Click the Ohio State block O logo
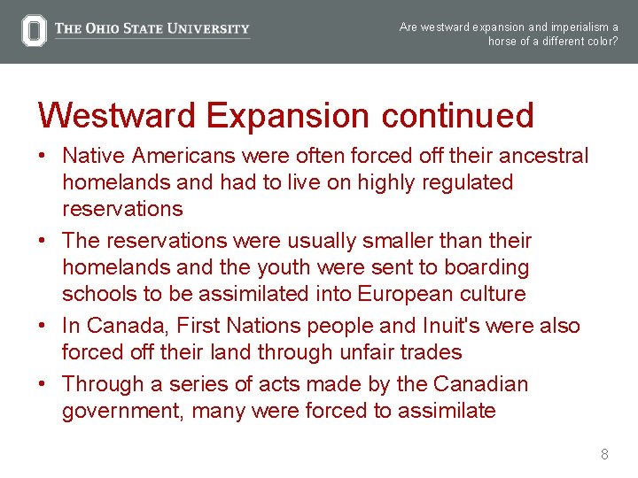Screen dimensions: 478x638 point(34,31)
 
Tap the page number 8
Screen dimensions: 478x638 point(604,455)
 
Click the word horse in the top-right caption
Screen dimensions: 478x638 point(503,42)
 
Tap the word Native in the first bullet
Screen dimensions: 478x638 point(94,157)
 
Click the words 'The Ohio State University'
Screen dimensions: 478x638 point(152,28)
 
